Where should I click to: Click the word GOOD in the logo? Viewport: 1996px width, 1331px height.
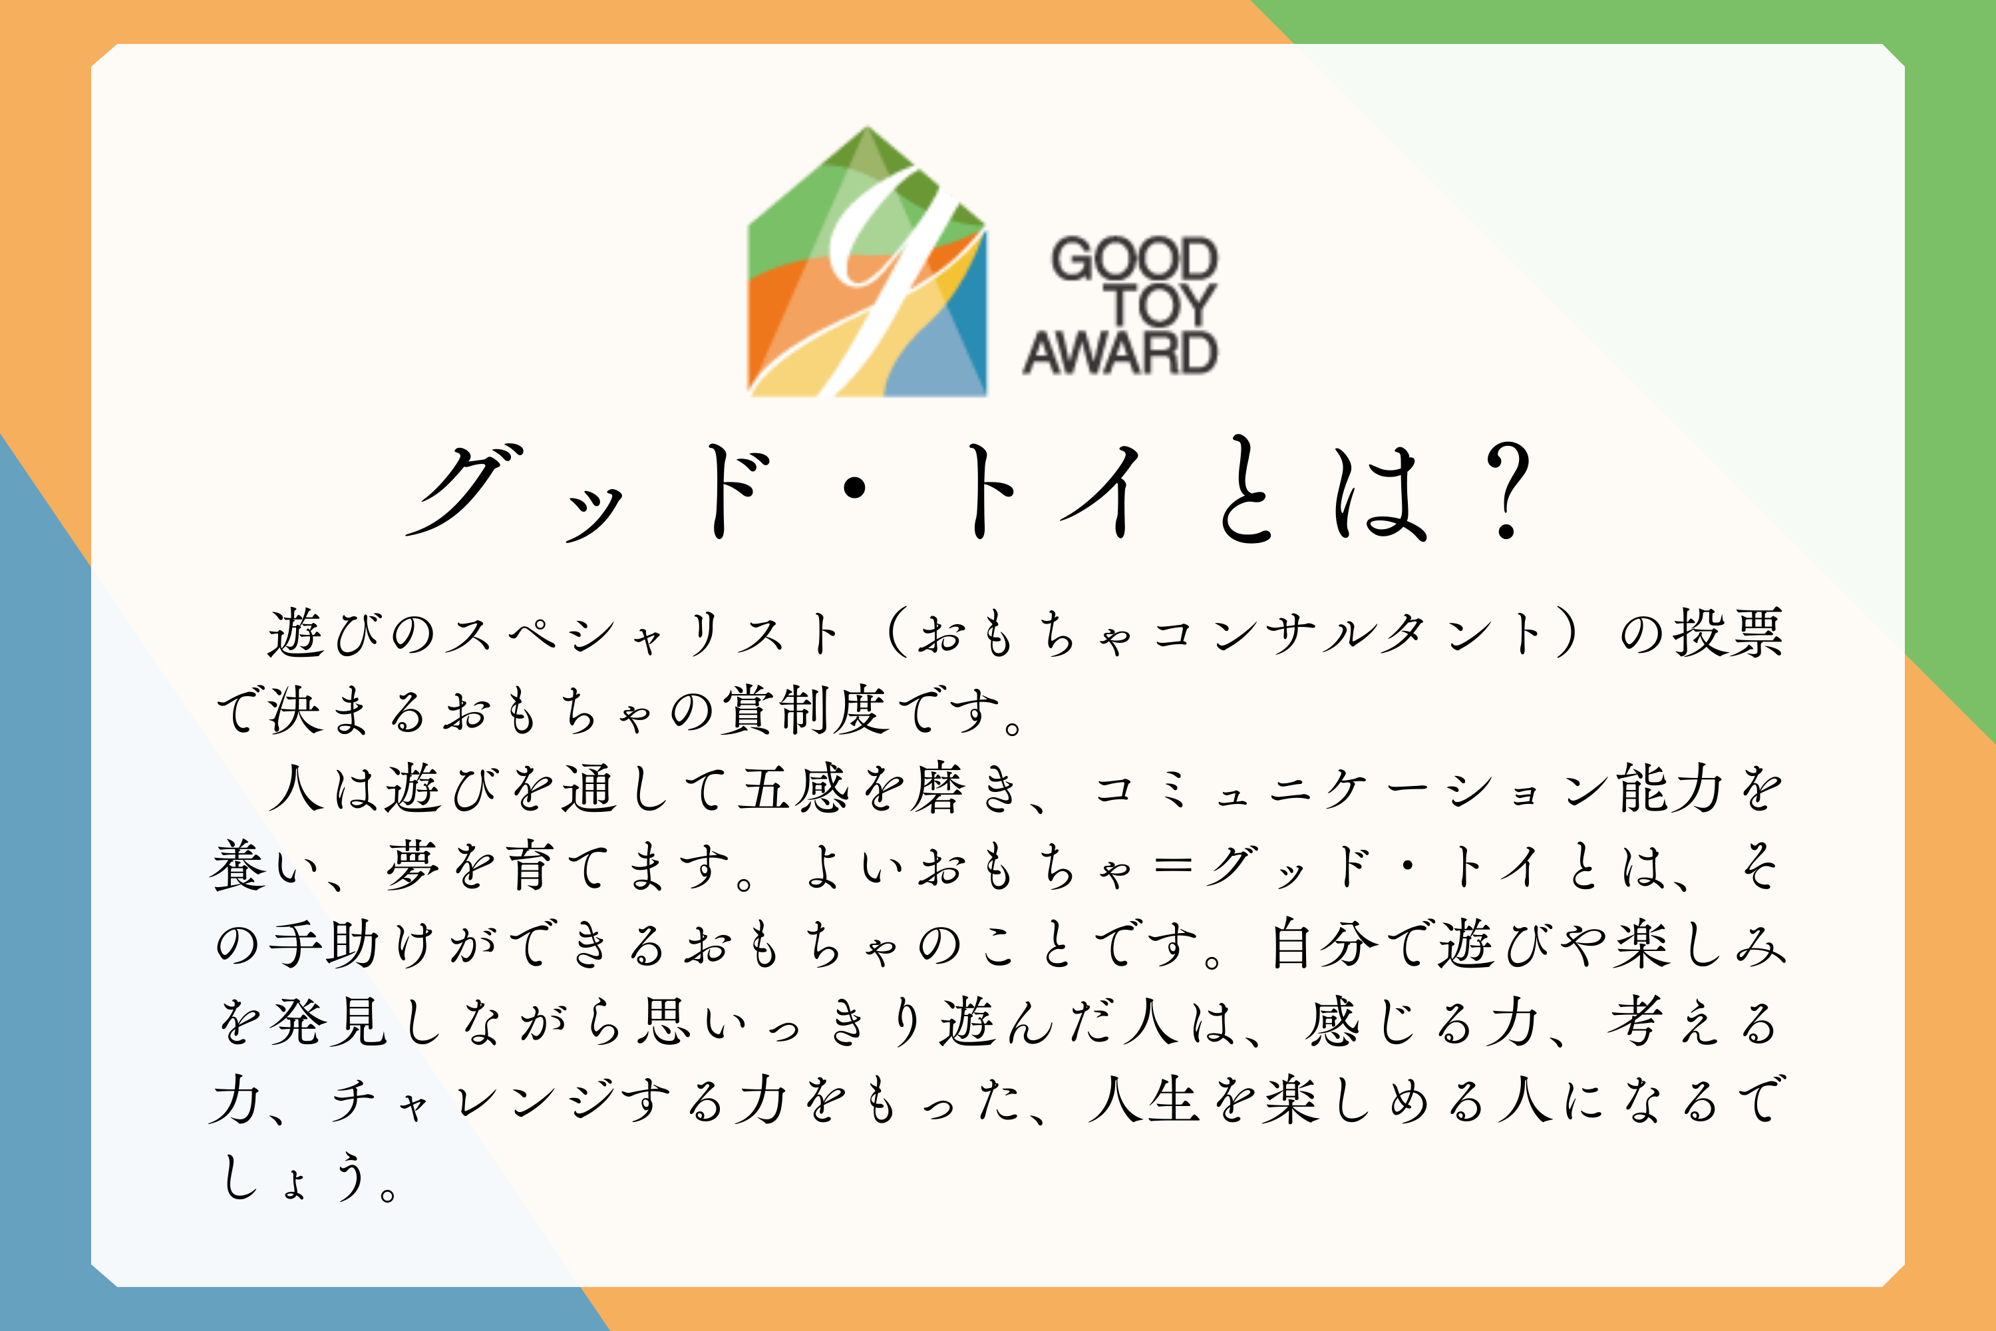1134,259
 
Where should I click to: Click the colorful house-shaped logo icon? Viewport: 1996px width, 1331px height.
866,263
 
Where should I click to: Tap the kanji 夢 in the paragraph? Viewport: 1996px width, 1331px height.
413,866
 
